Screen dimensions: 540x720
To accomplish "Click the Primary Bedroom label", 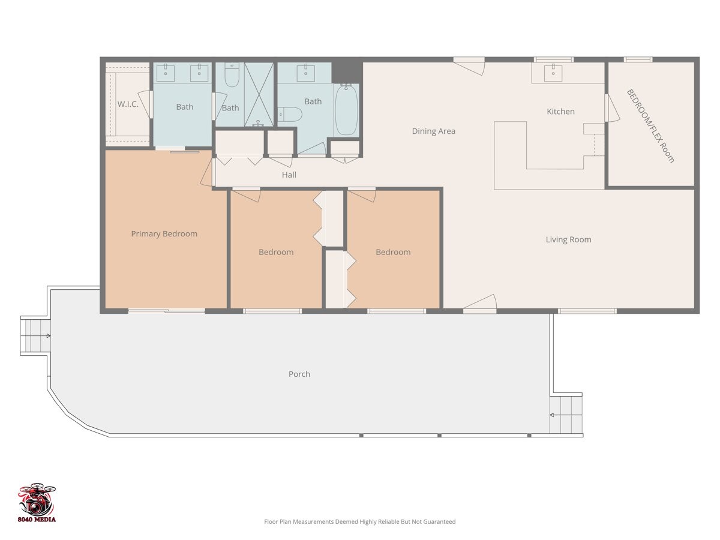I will tap(164, 234).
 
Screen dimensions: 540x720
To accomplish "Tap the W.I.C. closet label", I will tap(128, 104).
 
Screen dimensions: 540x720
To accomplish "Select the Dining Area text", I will tap(433, 131).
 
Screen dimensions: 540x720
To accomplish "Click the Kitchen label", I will tap(560, 112).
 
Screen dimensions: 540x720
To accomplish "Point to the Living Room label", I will tap(568, 239).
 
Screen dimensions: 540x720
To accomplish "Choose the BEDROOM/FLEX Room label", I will tap(650, 126).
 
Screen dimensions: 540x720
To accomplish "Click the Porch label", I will tap(299, 374).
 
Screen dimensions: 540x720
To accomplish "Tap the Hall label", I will tap(289, 175).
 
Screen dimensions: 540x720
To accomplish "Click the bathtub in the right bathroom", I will tap(346, 110).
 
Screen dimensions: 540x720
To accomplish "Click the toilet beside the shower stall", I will tap(232, 75).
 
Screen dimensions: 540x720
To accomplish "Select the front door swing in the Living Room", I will tap(481, 304).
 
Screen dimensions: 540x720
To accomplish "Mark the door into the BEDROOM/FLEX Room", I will tap(612, 109).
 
